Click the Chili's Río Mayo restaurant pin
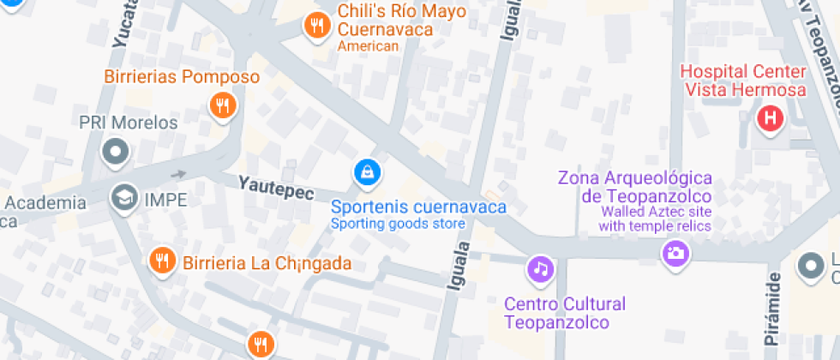[317, 27]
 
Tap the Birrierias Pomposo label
[182, 77]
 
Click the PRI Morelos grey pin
[115, 153]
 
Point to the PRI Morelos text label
[129, 123]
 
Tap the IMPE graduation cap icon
[125, 199]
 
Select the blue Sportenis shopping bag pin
[368, 172]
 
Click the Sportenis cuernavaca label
[418, 207]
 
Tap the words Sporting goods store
[398, 224]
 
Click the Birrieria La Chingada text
[267, 262]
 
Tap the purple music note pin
[540, 269]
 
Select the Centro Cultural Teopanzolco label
[564, 313]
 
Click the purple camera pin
[675, 253]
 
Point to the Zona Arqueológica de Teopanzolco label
[635, 188]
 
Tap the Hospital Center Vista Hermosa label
[743, 81]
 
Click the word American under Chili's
[369, 46]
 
